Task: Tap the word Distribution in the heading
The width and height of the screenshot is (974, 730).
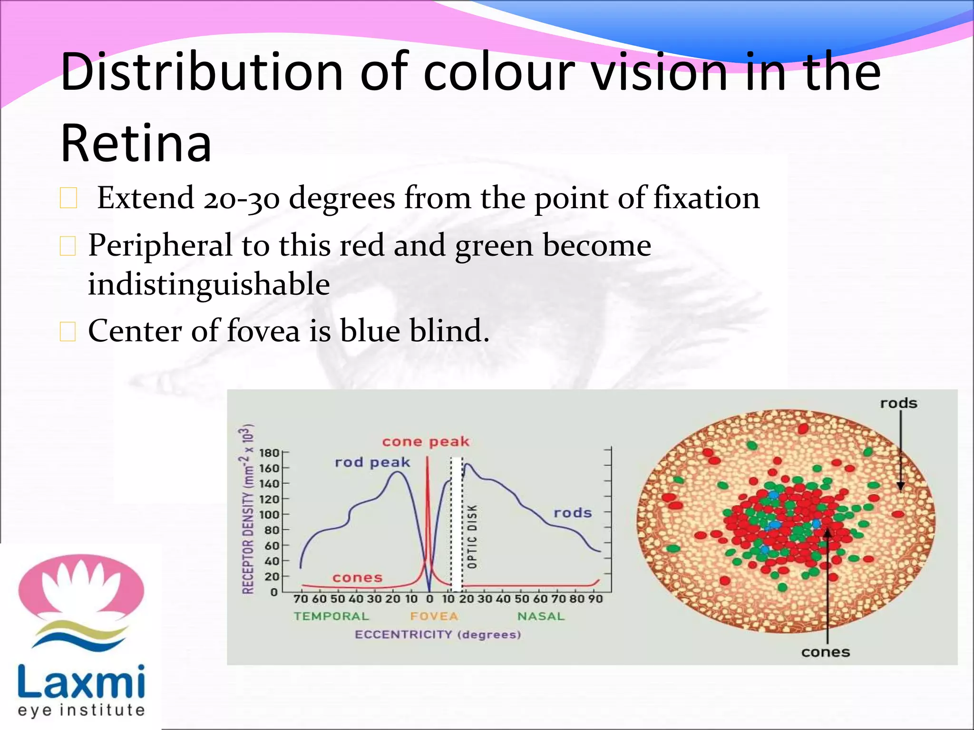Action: (202, 72)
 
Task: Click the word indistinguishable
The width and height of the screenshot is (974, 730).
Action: (209, 284)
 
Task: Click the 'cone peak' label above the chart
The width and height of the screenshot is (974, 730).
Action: (426, 442)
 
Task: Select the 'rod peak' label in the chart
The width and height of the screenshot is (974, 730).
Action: (372, 462)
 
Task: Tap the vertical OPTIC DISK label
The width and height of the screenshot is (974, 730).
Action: (472, 536)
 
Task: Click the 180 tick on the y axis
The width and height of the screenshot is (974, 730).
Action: (269, 452)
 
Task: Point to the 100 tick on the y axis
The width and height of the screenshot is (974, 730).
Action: (269, 515)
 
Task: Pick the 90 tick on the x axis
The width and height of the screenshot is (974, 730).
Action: (595, 599)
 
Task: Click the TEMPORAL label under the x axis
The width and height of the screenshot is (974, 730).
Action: (331, 616)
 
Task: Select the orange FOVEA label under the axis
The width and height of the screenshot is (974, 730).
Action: (434, 616)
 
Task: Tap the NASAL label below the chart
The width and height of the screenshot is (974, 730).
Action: (541, 616)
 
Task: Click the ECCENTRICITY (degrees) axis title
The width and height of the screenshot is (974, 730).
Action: (438, 634)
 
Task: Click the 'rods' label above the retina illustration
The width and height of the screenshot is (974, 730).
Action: (898, 403)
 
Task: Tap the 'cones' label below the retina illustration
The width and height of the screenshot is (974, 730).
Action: (826, 652)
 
